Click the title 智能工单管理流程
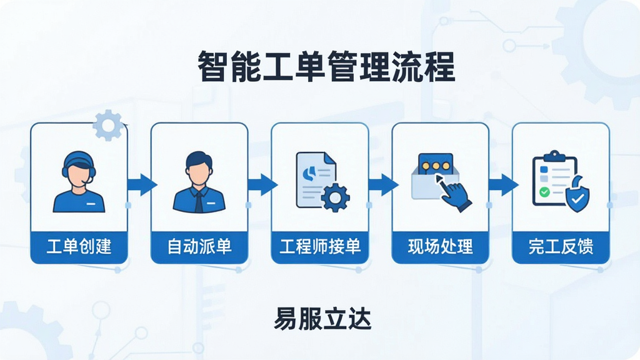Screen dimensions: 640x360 326,67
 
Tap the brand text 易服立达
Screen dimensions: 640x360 322,319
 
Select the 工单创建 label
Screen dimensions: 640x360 79,247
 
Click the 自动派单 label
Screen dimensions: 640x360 199,247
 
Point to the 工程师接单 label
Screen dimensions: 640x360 320,247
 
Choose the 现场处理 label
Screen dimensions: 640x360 441,247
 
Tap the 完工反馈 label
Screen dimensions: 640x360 561,247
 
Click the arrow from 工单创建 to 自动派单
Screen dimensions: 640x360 142,185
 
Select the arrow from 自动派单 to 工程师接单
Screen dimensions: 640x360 262,185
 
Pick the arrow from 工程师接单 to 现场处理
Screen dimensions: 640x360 383,185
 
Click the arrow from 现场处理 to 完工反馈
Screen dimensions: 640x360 504,185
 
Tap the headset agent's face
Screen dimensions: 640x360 79,174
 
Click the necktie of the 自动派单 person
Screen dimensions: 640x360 199,201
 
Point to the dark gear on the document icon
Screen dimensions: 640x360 335,198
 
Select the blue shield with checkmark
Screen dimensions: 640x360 577,196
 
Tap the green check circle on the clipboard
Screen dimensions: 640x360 544,192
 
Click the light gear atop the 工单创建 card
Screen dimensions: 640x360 108,125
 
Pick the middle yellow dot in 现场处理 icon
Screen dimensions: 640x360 436,166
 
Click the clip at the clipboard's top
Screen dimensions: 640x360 554,156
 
